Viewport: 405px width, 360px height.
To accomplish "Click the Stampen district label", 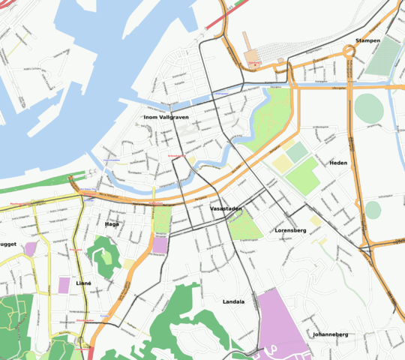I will [367, 40].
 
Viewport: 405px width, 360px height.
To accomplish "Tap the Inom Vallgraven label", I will [166, 118].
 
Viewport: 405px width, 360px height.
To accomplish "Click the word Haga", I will [112, 223].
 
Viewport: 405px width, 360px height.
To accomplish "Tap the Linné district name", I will [83, 283].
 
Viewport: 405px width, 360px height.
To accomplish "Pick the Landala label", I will [233, 301].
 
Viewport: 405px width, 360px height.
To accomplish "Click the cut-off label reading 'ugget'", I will [8, 244].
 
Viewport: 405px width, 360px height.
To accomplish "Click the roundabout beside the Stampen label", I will [349, 51].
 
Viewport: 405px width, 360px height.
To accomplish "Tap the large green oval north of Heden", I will [369, 108].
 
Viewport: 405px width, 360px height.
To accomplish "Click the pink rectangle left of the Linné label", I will [64, 285].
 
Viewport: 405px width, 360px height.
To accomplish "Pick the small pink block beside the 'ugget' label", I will [31, 247].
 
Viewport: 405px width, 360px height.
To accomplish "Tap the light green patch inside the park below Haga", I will [106, 257].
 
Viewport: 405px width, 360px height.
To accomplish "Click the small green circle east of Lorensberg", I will [373, 211].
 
